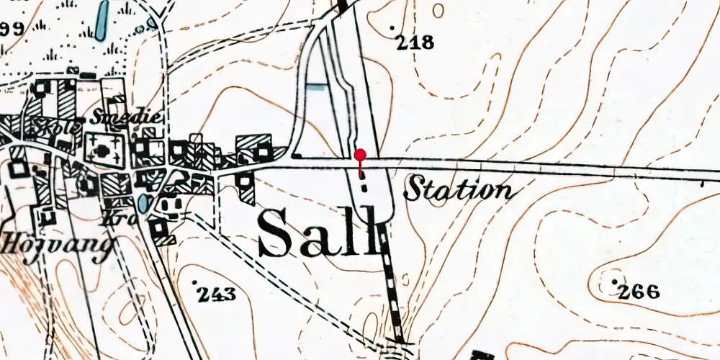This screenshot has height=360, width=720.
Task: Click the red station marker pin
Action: tap(360, 155)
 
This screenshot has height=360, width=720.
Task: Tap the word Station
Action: tap(459, 190)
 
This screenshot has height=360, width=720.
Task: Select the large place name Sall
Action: tap(318, 233)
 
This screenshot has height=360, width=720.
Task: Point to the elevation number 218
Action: tap(417, 43)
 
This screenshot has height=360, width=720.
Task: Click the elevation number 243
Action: tap(217, 294)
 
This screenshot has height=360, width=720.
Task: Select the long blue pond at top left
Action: tap(102, 20)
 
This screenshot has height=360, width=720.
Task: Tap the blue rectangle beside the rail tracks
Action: tap(315, 87)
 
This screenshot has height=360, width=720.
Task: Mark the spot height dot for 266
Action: tap(614, 281)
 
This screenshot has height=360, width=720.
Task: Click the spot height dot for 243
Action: tap(195, 281)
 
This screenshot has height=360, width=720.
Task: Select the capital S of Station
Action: tap(415, 189)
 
